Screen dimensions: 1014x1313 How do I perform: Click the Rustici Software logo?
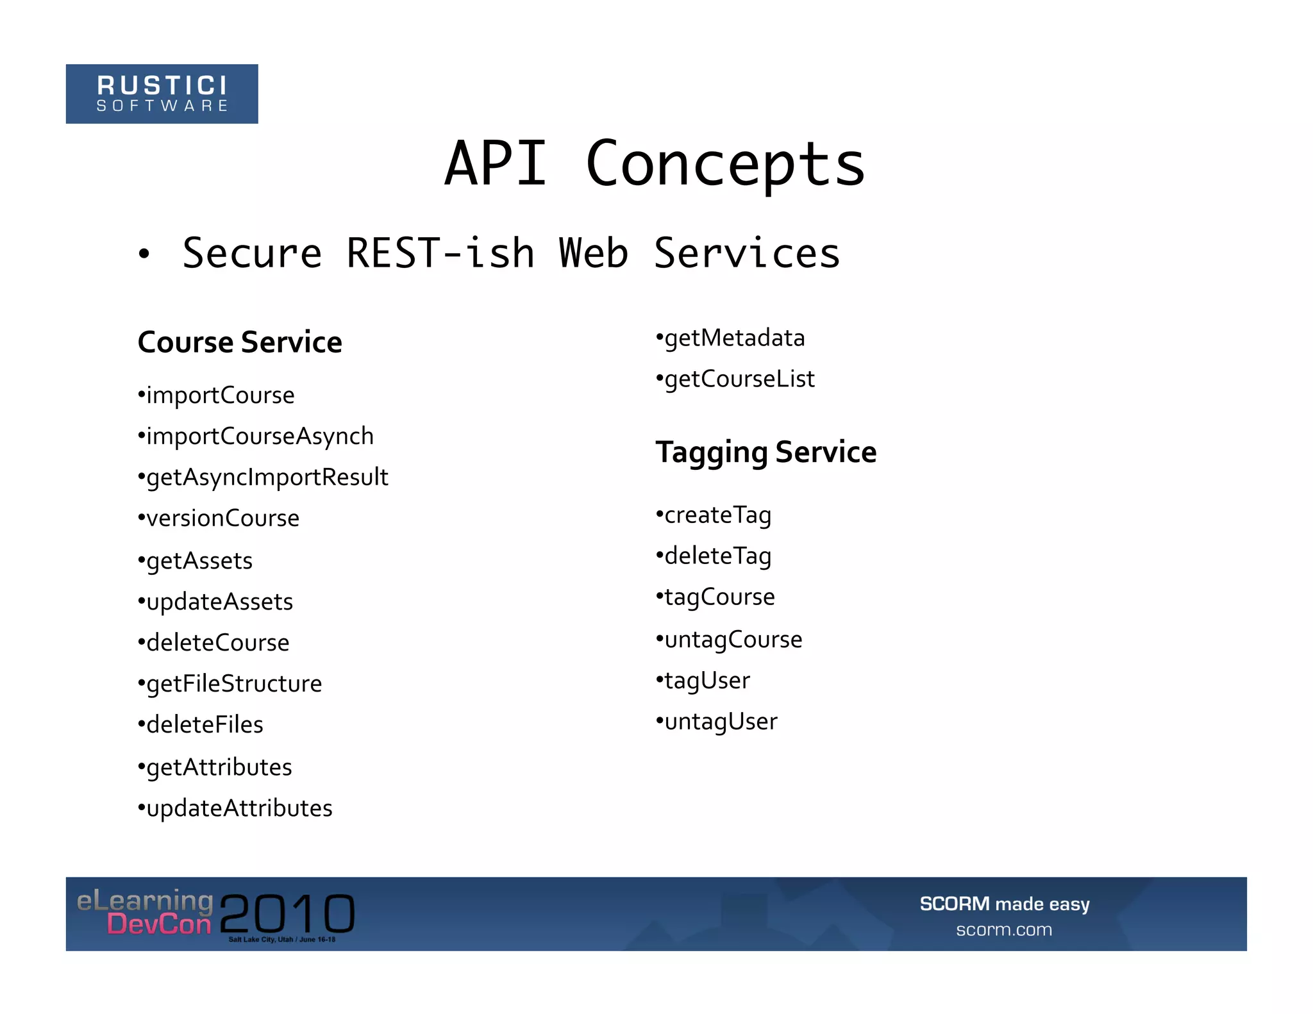click(162, 94)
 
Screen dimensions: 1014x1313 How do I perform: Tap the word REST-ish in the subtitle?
click(440, 253)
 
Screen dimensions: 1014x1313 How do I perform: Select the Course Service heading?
click(240, 342)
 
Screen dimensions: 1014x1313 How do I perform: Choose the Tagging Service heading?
click(765, 453)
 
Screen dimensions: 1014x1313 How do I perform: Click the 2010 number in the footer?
click(287, 914)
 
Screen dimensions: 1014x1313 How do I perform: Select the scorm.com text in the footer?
click(1004, 930)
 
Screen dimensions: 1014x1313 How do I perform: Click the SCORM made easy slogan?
click(1004, 904)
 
